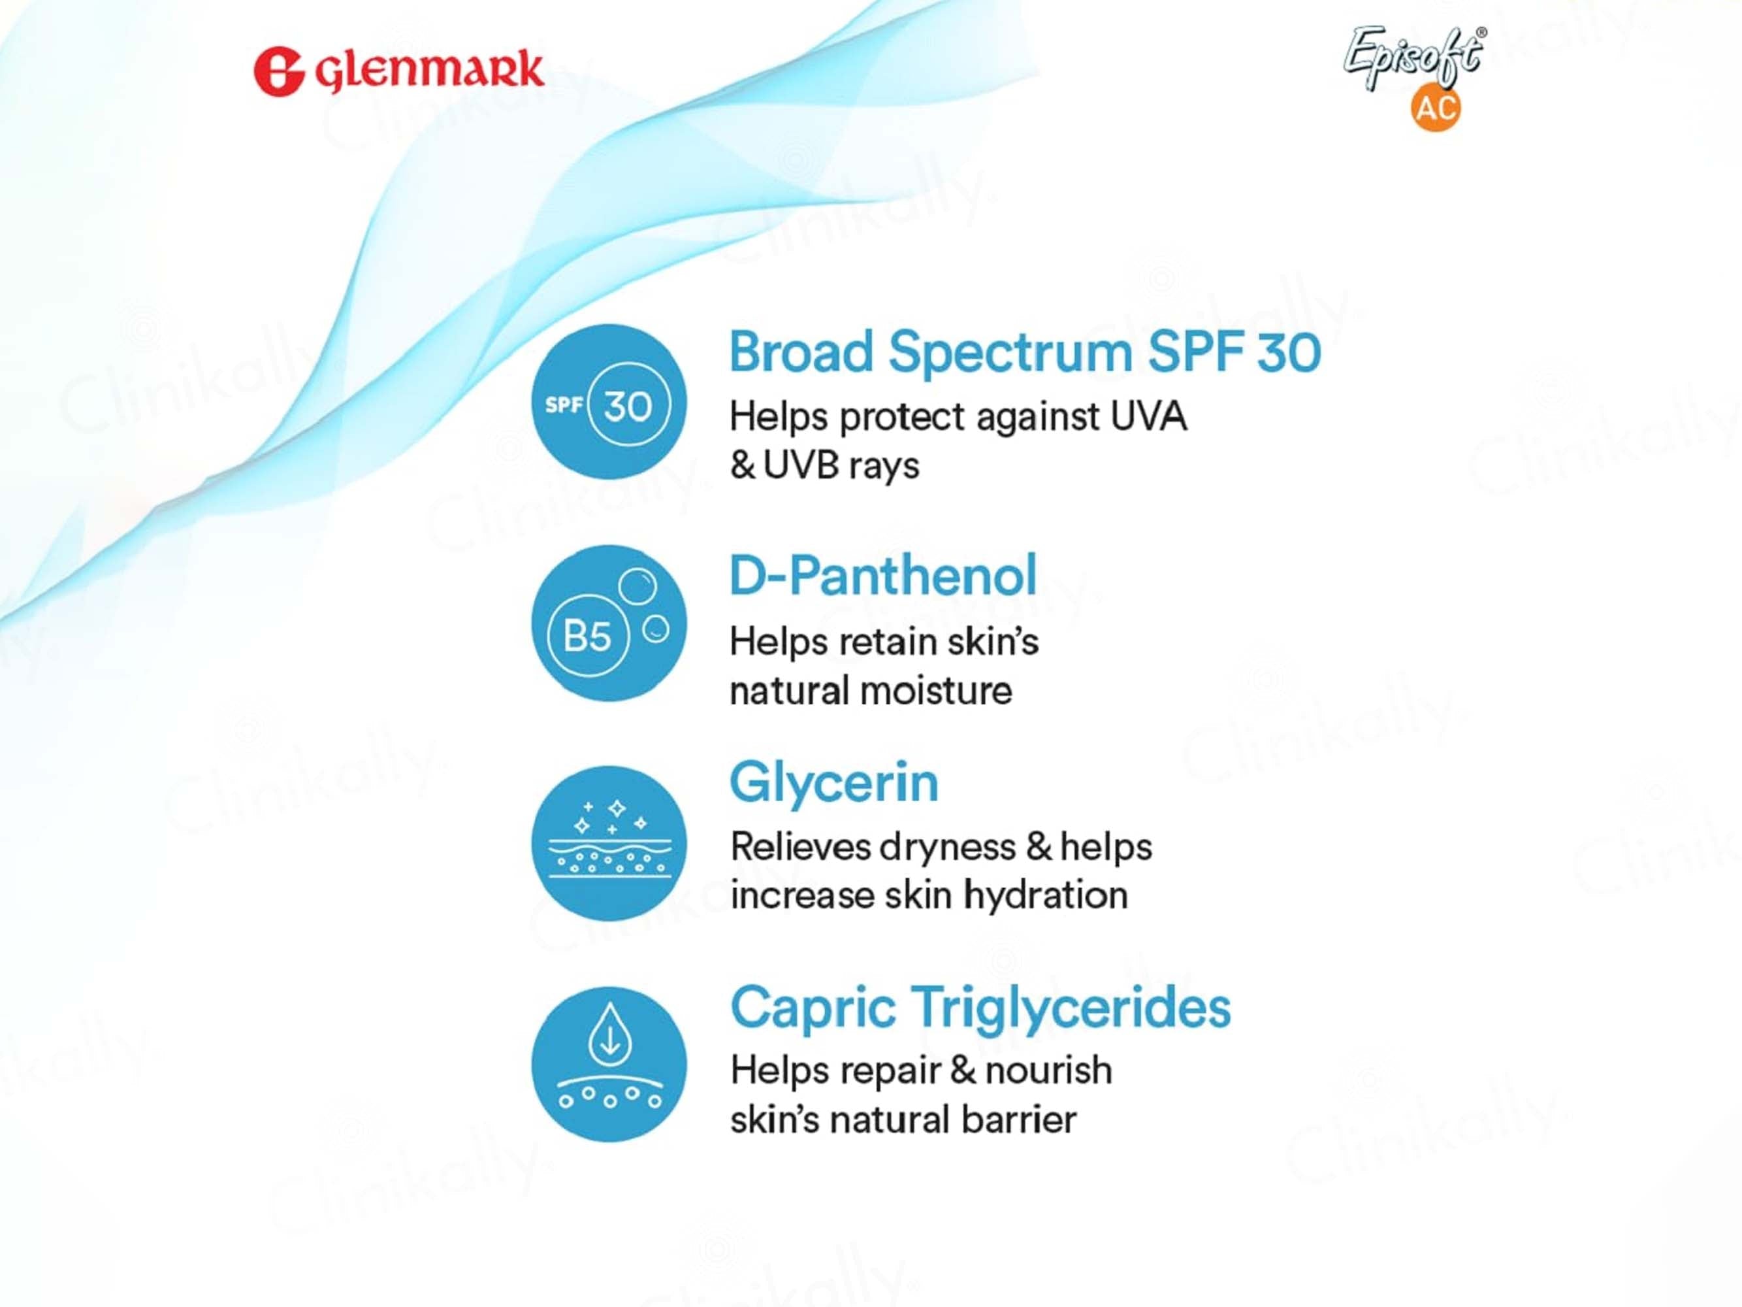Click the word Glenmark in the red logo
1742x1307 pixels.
click(x=429, y=71)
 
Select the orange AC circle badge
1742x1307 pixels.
click(x=1435, y=107)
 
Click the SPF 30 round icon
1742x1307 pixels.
click(x=609, y=402)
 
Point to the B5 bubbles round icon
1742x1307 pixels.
click(x=609, y=623)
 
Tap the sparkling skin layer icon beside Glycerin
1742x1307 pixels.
click(x=609, y=844)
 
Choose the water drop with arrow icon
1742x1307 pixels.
click(x=609, y=1065)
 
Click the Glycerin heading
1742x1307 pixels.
click(x=834, y=782)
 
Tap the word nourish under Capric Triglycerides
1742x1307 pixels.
click(x=1048, y=1070)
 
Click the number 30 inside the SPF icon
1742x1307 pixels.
click(x=628, y=406)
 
